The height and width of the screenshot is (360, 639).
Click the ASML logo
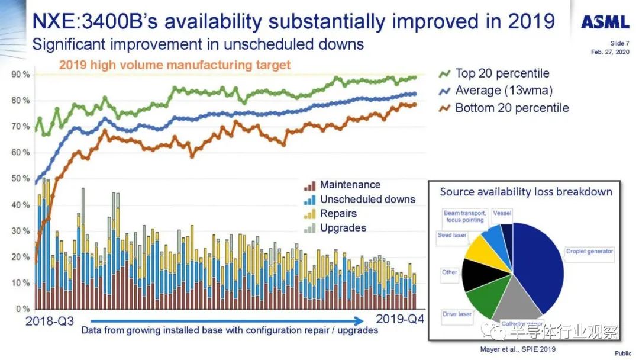(605, 22)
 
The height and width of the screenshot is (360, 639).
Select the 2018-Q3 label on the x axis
(50, 321)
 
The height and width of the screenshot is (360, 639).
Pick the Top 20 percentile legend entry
(502, 73)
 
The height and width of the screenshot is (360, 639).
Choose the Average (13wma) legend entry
(503, 91)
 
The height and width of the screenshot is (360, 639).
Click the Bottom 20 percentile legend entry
(511, 108)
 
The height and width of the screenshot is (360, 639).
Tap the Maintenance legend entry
(350, 185)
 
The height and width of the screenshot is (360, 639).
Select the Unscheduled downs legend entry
(367, 199)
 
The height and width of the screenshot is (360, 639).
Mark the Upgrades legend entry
(343, 228)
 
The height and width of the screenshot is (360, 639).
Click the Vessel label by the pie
(502, 213)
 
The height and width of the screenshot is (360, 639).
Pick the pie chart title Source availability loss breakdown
(526, 192)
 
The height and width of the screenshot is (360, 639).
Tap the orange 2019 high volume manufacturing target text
(175, 65)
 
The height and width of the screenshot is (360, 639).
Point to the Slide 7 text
(620, 43)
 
